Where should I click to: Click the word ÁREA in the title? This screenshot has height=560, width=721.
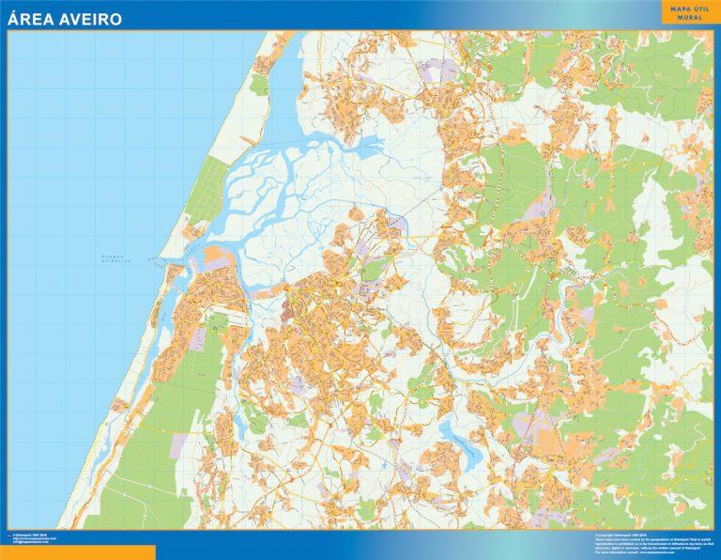[x=32, y=18]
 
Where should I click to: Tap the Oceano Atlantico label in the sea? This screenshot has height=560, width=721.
[x=118, y=258]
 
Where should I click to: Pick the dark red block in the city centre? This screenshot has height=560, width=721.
[x=287, y=310]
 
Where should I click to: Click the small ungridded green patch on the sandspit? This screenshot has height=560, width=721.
[x=257, y=85]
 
